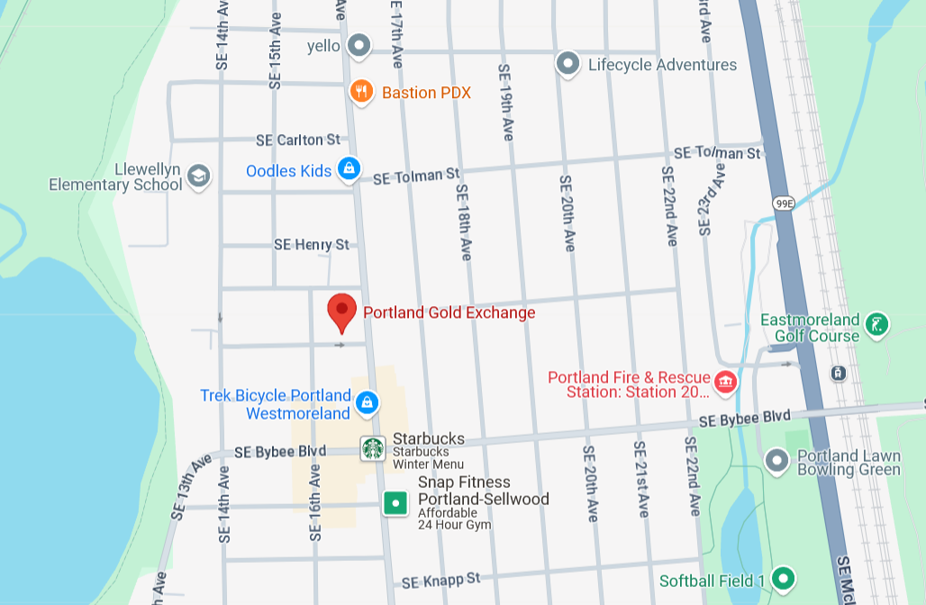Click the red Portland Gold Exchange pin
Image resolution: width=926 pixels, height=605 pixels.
coord(341,312)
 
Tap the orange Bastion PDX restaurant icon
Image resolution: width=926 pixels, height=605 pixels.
coord(361,92)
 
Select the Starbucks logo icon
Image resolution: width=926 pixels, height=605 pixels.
coord(373,447)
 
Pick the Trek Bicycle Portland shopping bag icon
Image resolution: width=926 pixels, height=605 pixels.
coord(366,402)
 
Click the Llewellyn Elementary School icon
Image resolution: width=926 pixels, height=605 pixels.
coord(199,176)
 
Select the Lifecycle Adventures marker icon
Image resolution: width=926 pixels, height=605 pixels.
coord(567,64)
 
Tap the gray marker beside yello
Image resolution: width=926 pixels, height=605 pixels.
coord(360,45)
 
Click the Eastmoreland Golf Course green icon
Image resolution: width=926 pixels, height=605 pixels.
coord(876,325)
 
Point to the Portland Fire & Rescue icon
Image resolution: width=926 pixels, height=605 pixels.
coord(725,384)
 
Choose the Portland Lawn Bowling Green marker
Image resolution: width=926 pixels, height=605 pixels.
coord(776,461)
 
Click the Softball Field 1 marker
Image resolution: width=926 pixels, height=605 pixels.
coord(783,578)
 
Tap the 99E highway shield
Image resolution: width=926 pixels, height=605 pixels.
coord(784,203)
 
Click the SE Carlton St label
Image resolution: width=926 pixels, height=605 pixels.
coord(298,140)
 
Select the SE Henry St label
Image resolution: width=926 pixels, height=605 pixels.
coord(312,245)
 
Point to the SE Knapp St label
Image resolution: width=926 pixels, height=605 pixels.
coord(441,582)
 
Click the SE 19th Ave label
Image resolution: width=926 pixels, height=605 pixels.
coord(506,101)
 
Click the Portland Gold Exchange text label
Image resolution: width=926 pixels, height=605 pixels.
coord(449,313)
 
